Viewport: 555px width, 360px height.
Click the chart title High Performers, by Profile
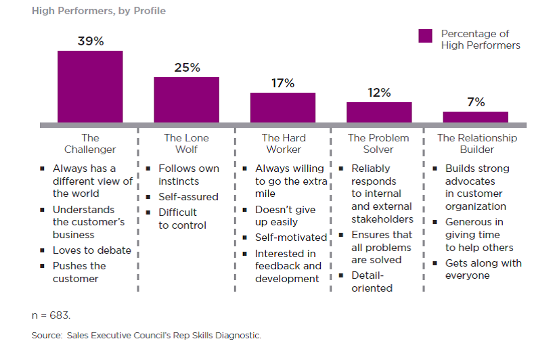pyautogui.click(x=99, y=11)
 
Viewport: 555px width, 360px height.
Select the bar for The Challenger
pyautogui.click(x=90, y=87)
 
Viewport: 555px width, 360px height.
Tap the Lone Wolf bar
pyautogui.click(x=186, y=99)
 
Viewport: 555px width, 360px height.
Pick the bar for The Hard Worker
pyautogui.click(x=283, y=108)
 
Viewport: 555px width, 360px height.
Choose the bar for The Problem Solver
pyautogui.click(x=379, y=112)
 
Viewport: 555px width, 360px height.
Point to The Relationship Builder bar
pyautogui.click(x=475, y=117)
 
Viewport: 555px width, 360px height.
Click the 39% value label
pyautogui.click(x=90, y=41)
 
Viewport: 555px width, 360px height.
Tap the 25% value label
pyautogui.click(x=186, y=68)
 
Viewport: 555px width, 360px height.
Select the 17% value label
pyautogui.click(x=283, y=83)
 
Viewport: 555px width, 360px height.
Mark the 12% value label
pyautogui.click(x=379, y=93)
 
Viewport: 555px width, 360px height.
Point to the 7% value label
pyautogui.click(x=475, y=102)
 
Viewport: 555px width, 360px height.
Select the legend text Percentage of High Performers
pyautogui.click(x=481, y=39)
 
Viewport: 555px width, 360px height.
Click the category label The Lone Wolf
pyautogui.click(x=186, y=143)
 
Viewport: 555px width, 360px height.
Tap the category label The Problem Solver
pyautogui.click(x=379, y=143)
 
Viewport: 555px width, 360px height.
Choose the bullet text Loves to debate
pyautogui.click(x=92, y=250)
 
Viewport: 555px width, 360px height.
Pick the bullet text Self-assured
pyautogui.click(x=188, y=197)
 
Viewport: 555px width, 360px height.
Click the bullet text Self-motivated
pyautogui.click(x=291, y=238)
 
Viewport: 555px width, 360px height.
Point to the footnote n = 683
pyautogui.click(x=51, y=315)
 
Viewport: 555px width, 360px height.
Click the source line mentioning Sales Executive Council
pyautogui.click(x=146, y=335)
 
